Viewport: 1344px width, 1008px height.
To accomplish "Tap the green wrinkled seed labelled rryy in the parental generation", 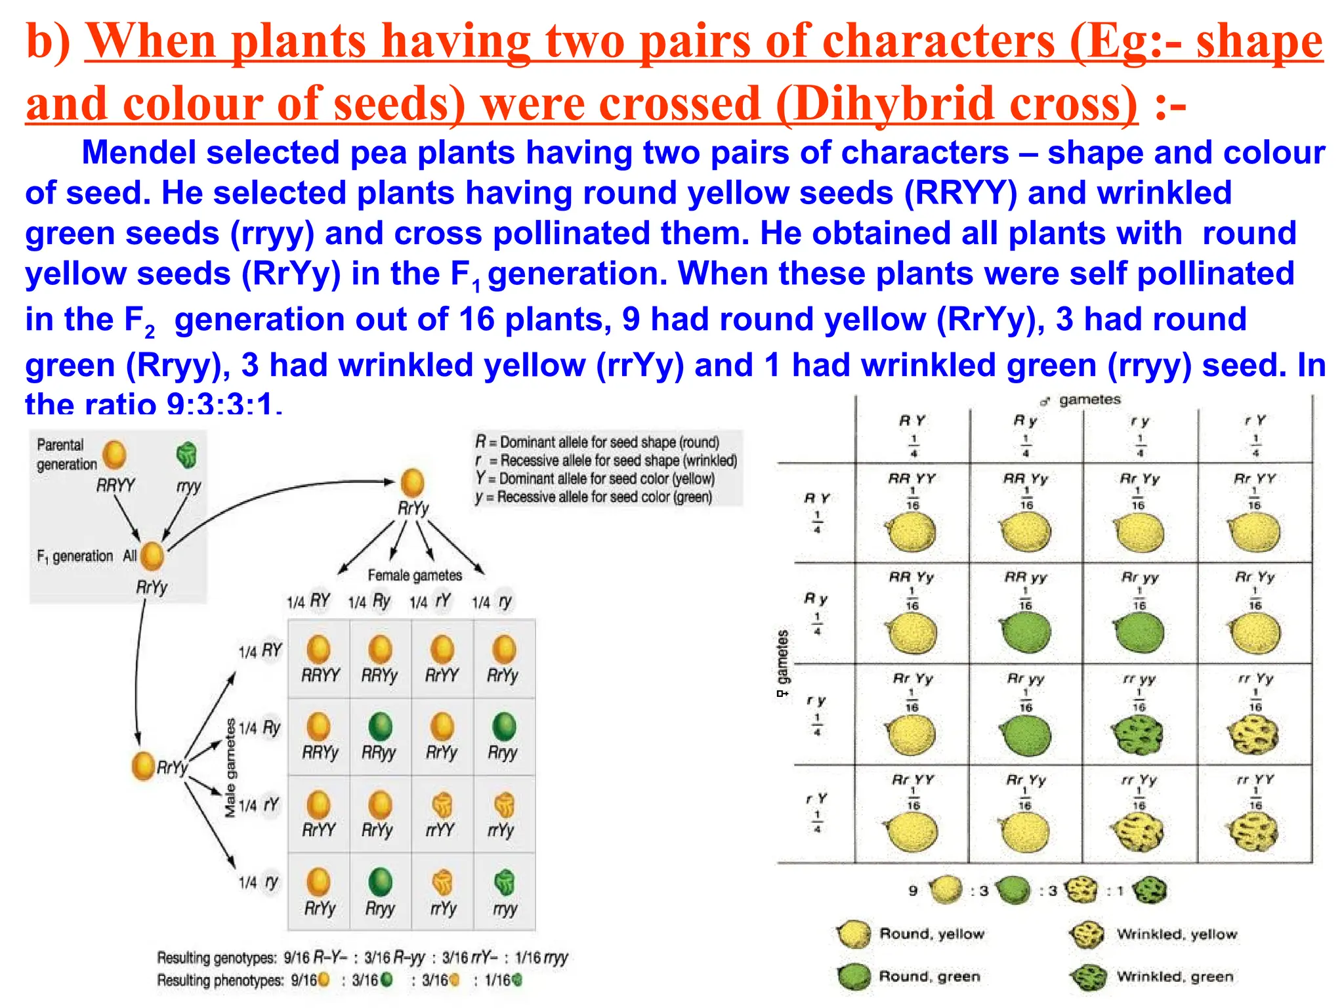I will tap(187, 455).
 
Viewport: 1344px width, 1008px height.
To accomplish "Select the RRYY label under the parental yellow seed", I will tap(115, 486).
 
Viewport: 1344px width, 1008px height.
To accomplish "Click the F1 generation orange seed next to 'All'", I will tap(152, 556).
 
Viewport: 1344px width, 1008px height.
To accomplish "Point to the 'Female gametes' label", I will tap(414, 576).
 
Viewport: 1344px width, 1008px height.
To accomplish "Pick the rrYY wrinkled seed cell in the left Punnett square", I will tap(442, 806).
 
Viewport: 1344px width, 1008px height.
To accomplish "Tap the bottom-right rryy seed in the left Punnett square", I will tap(504, 883).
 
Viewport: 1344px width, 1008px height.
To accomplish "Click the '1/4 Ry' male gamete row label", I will tap(260, 728).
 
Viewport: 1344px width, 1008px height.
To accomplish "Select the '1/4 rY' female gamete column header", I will tap(430, 601).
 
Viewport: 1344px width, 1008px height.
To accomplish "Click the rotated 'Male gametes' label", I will tap(230, 768).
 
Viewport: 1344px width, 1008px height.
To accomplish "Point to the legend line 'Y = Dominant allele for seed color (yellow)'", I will tap(595, 478).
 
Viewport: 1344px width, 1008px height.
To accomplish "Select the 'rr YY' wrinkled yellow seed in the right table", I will tap(1254, 832).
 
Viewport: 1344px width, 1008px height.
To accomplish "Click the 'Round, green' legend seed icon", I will tap(854, 976).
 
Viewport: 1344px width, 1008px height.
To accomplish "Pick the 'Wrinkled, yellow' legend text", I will tap(1177, 934).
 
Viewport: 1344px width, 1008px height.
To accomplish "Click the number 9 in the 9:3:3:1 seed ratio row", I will tap(913, 891).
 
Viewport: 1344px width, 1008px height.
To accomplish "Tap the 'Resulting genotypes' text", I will tap(217, 958).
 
